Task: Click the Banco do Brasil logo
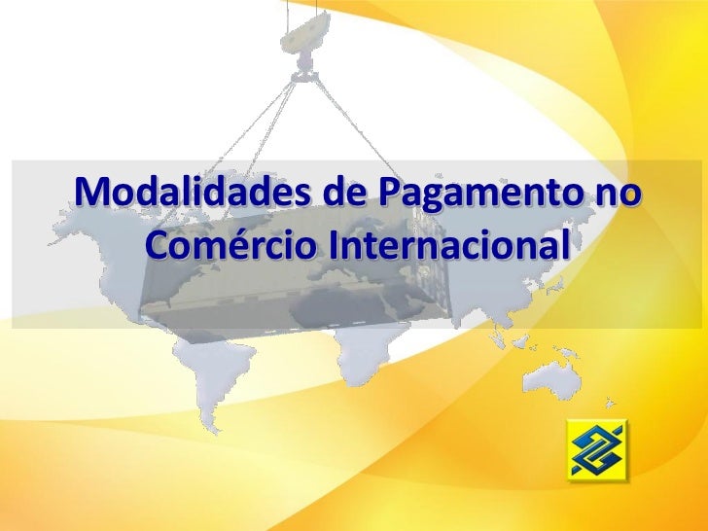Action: click(598, 450)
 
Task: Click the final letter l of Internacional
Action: click(559, 244)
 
